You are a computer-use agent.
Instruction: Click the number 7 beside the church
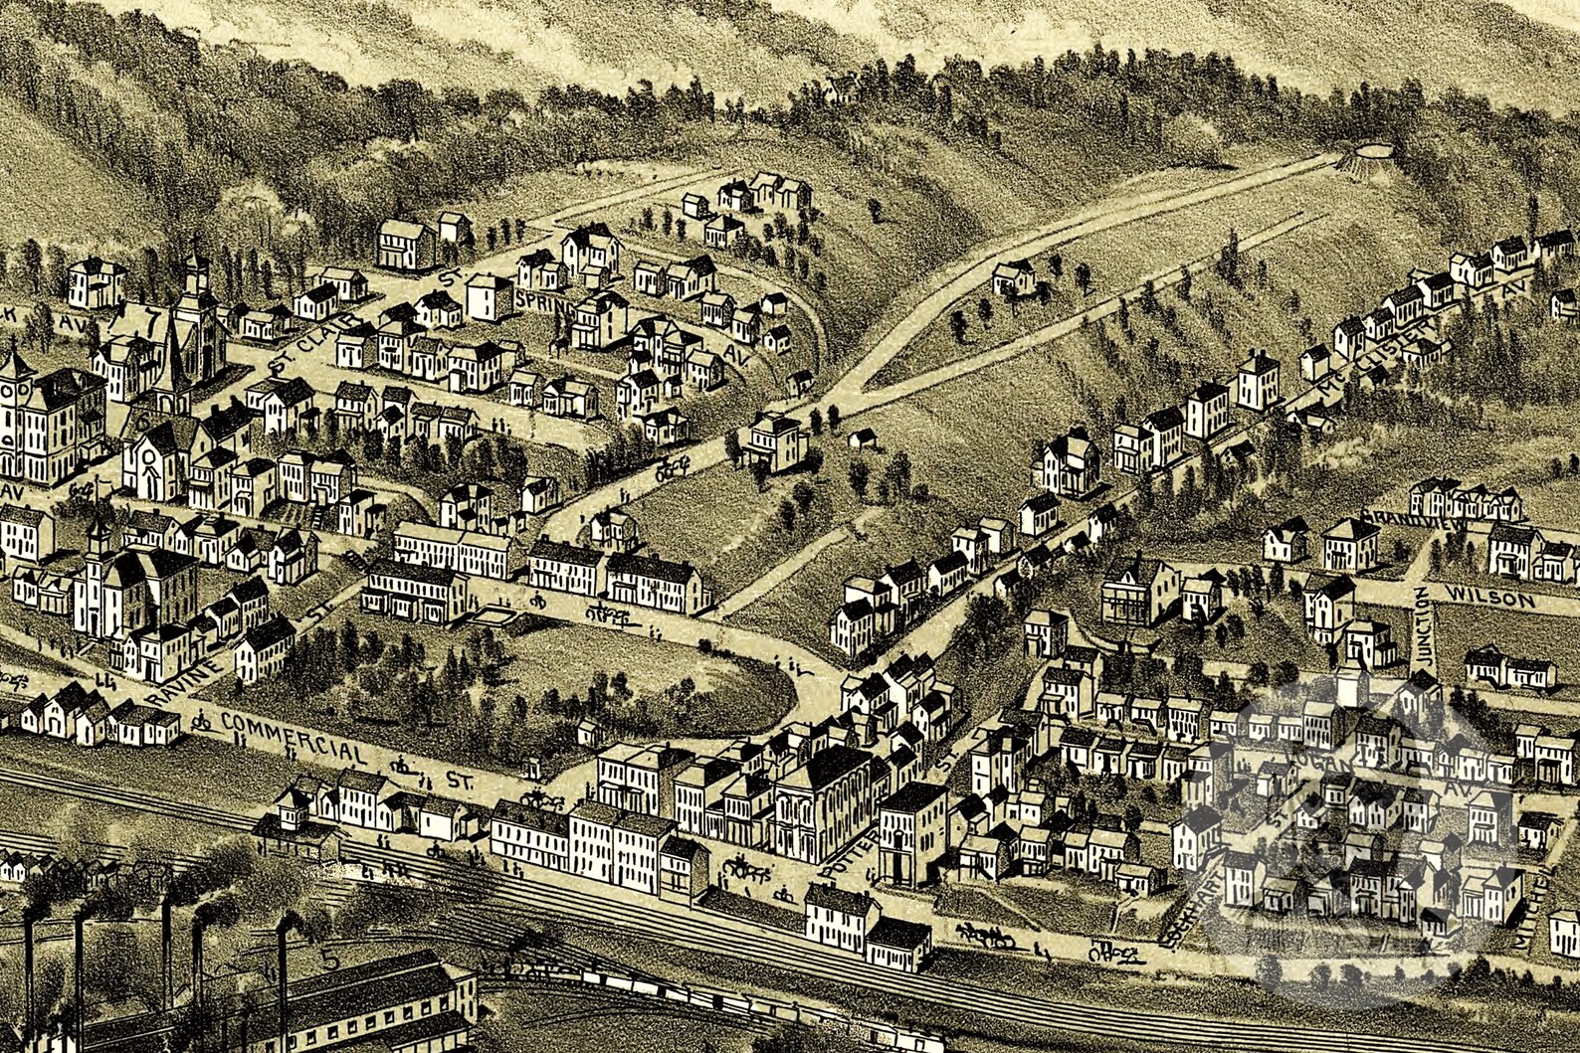(x=150, y=322)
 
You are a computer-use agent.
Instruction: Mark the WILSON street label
(x=1489, y=599)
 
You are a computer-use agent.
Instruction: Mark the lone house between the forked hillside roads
(x=1013, y=277)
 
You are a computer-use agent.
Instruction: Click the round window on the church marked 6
(x=147, y=456)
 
